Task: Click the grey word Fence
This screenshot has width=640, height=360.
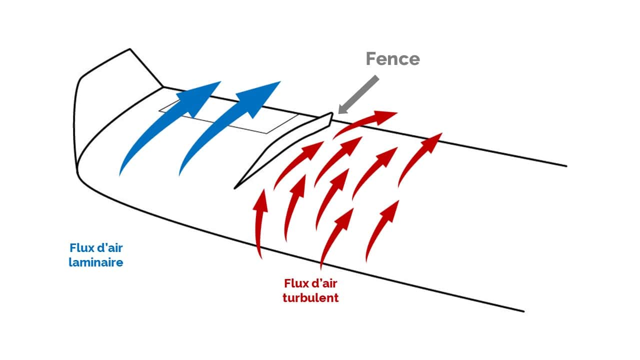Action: pos(392,58)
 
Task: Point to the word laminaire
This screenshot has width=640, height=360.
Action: pos(96,261)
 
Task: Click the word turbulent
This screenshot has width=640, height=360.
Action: pos(310,298)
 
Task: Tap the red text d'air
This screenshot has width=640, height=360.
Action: pos(325,283)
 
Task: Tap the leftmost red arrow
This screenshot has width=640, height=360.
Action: pos(258,225)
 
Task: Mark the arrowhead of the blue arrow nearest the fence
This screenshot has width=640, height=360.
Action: pos(262,92)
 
